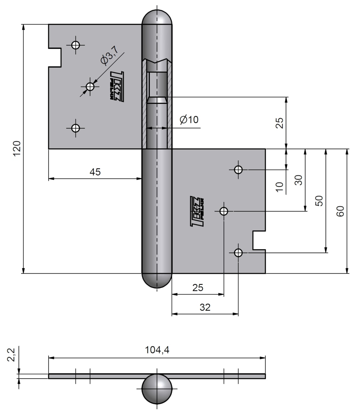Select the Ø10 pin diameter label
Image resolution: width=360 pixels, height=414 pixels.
pos(189,119)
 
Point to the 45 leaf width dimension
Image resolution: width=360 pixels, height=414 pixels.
pos(95,172)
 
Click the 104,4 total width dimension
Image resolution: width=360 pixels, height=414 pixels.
pos(157,350)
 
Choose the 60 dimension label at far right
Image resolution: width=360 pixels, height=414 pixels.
pos(340,211)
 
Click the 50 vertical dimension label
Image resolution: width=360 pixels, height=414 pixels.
pos(319,200)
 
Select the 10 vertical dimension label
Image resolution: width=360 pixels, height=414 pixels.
pos(279,187)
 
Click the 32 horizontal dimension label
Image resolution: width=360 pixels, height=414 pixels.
pos(205,307)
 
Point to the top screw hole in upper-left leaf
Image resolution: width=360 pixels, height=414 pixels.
pos(75,45)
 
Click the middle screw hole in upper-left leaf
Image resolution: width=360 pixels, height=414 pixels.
pos(90,86)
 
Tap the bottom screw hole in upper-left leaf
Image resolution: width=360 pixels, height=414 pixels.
pos(75,128)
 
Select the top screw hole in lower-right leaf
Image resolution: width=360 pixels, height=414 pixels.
pos(238,170)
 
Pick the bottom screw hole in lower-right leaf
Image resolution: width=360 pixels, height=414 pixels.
pos(238,252)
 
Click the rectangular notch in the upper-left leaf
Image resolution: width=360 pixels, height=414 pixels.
pos(55,57)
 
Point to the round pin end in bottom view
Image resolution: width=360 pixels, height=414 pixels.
pos(157,389)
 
